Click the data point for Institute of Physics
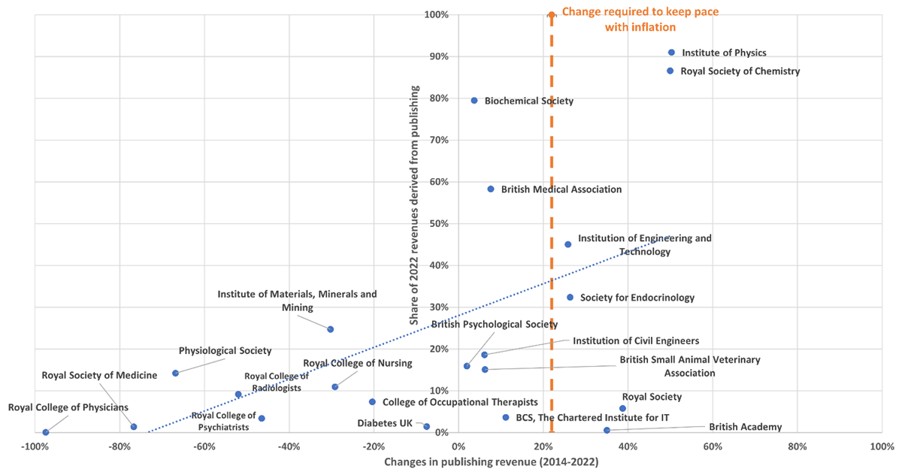point(671,53)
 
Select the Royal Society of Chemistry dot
point(670,71)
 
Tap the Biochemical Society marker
point(474,101)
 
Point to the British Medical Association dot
point(491,189)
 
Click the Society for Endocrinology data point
point(570,298)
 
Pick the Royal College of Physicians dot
point(46,432)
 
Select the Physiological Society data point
point(175,373)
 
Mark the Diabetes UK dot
point(426,427)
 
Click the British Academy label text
point(745,427)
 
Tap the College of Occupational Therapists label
point(461,402)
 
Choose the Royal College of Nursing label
point(357,364)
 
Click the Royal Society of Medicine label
point(99,375)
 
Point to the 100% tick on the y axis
point(437,15)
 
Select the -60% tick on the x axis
point(204,446)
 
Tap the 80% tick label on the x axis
point(798,446)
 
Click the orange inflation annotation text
point(641,20)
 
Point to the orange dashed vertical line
point(551,225)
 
